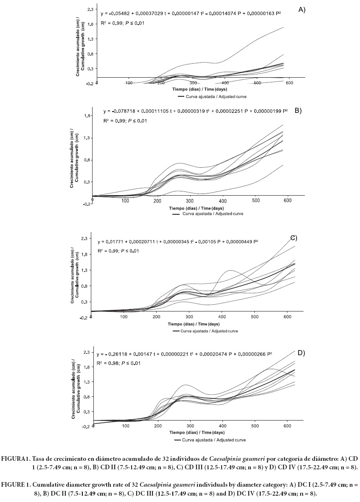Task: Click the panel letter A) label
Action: (x=302, y=9)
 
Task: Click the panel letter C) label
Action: (x=292, y=238)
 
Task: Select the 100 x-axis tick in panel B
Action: (x=125, y=200)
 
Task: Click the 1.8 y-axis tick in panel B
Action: (x=87, y=116)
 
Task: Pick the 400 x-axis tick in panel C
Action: (x=222, y=317)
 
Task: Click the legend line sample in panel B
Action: (x=176, y=214)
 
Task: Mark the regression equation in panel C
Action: (x=178, y=242)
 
